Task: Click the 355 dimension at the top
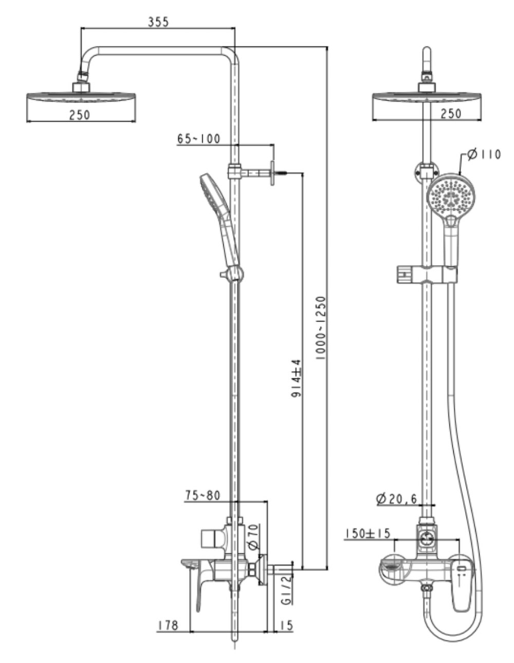[158, 22]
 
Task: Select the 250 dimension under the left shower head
[80, 115]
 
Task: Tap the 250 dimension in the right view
[451, 114]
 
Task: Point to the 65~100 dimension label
[198, 138]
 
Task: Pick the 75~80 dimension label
[203, 495]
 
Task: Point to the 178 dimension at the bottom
[168, 625]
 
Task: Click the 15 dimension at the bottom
[286, 625]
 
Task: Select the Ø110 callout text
[484, 154]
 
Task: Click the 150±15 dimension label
[368, 533]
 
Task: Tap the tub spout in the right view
[393, 567]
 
